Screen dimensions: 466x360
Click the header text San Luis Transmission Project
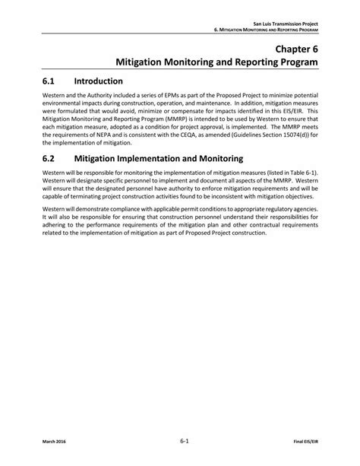[x=286, y=25]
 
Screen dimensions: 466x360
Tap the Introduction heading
[x=99, y=81]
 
